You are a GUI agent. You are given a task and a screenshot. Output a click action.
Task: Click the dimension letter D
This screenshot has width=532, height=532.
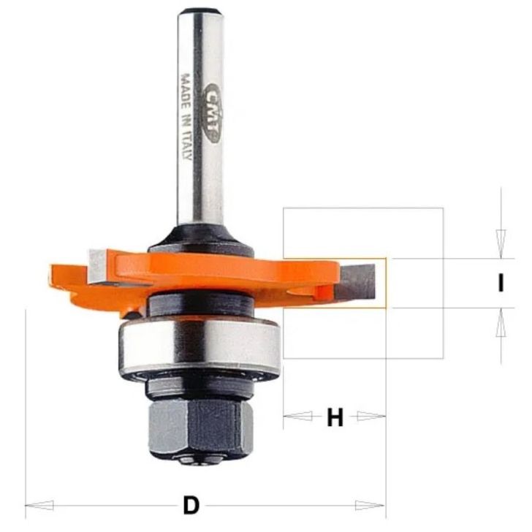click(x=191, y=504)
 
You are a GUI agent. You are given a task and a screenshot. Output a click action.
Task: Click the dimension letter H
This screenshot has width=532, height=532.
click(x=335, y=418)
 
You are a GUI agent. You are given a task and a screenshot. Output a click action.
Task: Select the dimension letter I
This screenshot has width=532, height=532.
click(x=501, y=283)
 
